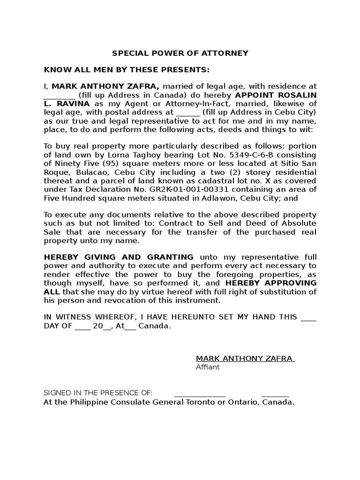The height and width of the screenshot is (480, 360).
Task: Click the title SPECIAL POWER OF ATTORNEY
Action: coord(180,53)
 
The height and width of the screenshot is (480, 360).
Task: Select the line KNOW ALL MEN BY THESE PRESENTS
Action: coord(127,70)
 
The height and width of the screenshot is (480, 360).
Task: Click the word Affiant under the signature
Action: coord(208,367)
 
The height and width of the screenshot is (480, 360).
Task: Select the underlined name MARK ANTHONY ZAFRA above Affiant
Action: coord(244,359)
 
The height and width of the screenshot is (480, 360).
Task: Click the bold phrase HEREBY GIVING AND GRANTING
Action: coord(119,257)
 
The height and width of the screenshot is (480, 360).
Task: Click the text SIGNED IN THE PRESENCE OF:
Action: coord(98,393)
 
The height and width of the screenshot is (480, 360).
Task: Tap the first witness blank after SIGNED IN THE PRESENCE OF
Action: coord(200,394)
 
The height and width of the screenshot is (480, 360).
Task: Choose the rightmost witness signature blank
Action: coord(275,394)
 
